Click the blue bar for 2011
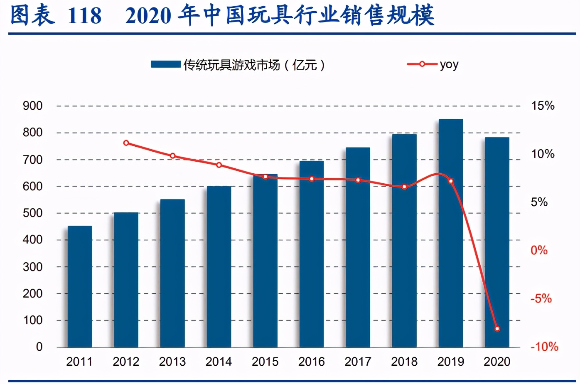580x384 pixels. click(x=80, y=286)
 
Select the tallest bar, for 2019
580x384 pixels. click(x=451, y=233)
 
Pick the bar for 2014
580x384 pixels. click(x=219, y=266)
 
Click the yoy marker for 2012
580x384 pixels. click(x=126, y=143)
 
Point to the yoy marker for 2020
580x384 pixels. click(x=497, y=329)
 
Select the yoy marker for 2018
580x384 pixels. click(x=404, y=187)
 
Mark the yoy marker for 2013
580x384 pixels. click(x=173, y=156)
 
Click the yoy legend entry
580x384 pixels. click(x=433, y=64)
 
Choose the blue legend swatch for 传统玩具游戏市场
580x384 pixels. click(x=166, y=64)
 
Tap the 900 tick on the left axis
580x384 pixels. click(x=33, y=106)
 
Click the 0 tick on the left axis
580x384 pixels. click(x=39, y=347)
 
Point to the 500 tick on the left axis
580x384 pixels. click(x=33, y=213)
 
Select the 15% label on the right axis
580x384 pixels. click(x=543, y=106)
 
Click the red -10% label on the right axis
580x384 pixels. click(x=544, y=347)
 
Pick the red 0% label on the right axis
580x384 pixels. click(x=539, y=251)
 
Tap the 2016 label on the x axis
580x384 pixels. click(x=312, y=362)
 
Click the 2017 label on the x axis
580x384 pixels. click(x=358, y=362)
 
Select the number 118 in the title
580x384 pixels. click(x=84, y=16)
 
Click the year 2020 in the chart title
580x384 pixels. click(x=148, y=16)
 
